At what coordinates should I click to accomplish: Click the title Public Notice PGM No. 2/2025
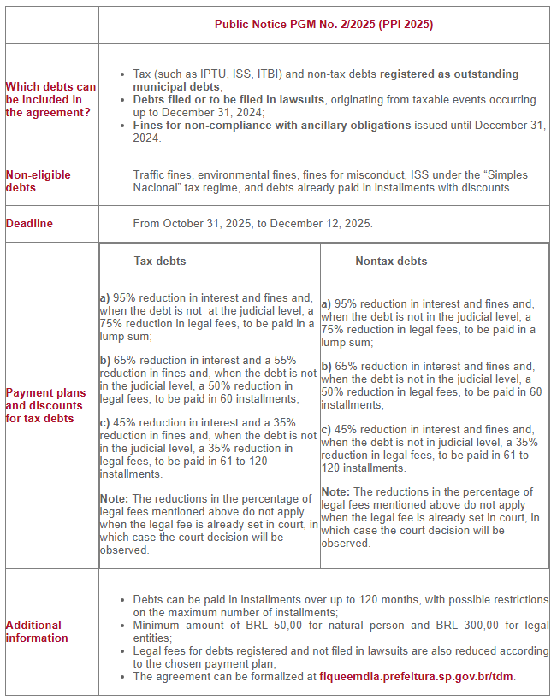323,25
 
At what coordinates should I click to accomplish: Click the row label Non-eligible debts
39,180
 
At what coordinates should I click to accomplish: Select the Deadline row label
29,223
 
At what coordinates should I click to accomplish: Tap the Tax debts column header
160,261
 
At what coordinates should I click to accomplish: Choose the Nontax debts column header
391,261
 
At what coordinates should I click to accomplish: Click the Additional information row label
37,632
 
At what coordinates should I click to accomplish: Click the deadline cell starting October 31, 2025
252,223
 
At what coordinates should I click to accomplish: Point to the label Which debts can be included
50,99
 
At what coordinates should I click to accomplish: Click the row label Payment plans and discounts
45,405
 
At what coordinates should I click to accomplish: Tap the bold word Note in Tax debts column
113,498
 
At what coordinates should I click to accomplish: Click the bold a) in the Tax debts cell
104,298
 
